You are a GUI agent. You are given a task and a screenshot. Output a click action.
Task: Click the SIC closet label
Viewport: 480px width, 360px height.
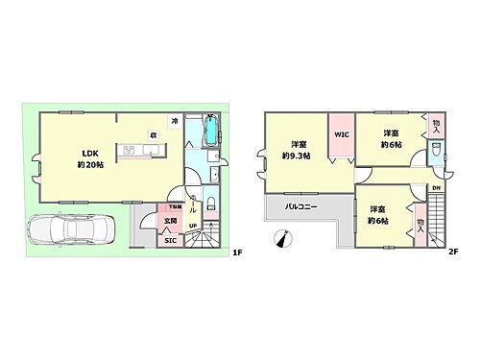[x=170, y=241]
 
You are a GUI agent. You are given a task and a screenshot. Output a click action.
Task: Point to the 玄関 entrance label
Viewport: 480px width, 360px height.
[x=169, y=222]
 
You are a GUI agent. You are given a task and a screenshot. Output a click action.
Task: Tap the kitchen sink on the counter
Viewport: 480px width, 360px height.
[x=130, y=150]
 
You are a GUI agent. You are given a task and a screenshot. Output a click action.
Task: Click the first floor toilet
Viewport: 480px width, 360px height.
[x=211, y=176]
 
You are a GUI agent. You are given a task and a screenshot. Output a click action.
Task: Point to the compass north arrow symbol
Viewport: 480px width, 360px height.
[x=280, y=238]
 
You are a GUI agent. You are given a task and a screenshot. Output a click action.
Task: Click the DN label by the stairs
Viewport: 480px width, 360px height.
[x=435, y=187]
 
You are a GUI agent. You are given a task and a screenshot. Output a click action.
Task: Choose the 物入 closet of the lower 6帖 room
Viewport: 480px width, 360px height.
[x=420, y=223]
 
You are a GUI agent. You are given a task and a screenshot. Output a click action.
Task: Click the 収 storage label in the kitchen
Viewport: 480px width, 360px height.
[x=152, y=134]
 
